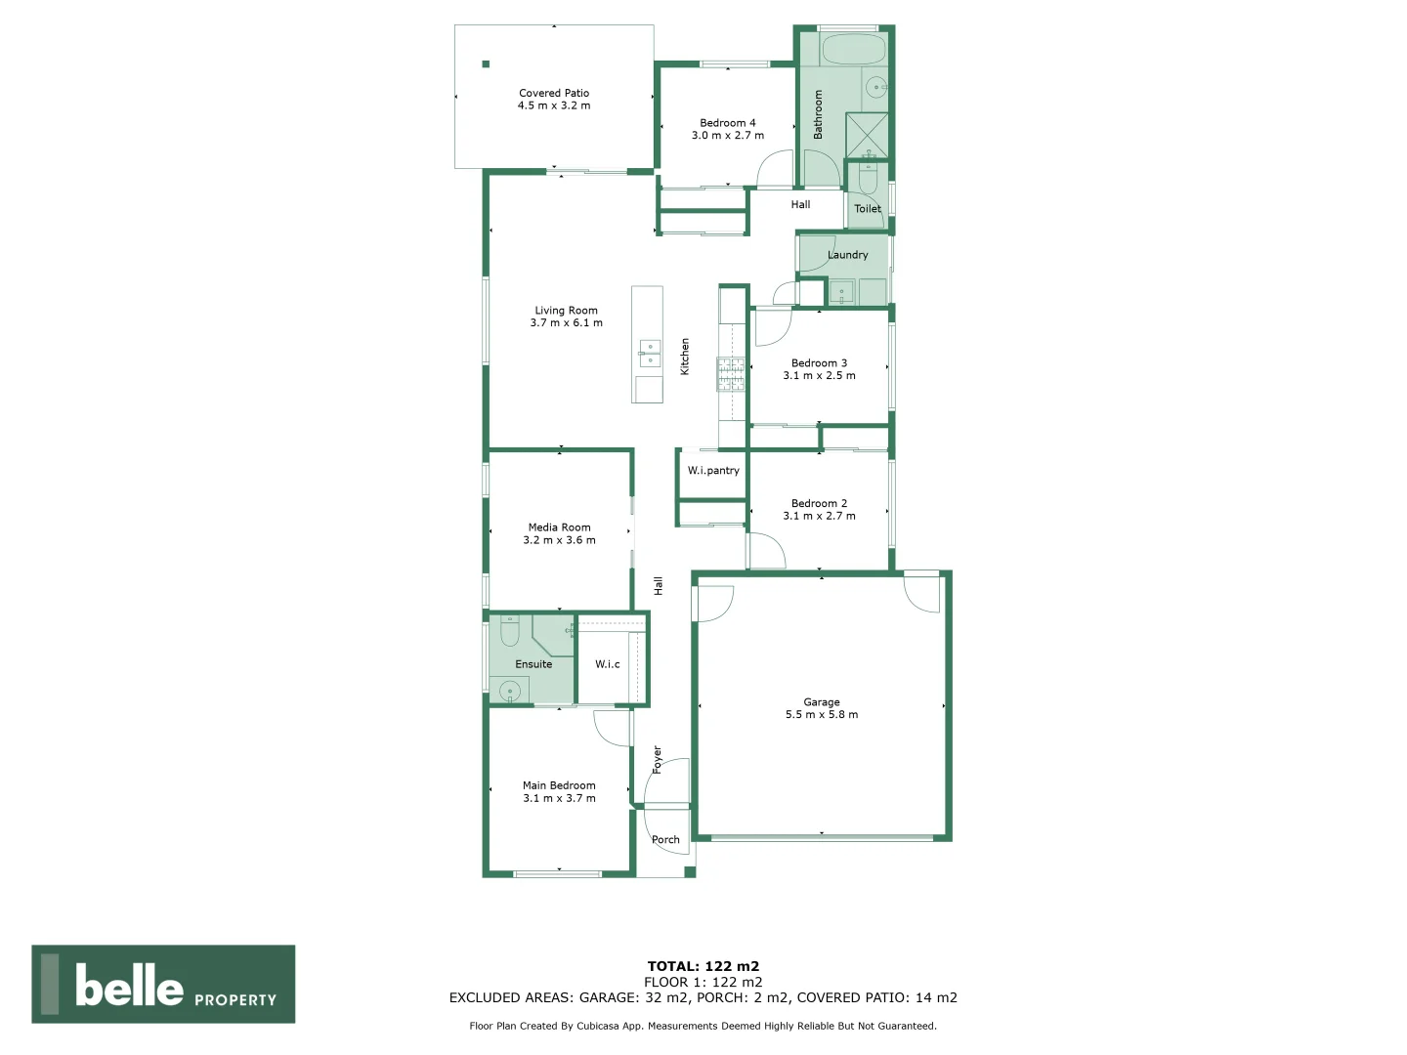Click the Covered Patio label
(x=554, y=94)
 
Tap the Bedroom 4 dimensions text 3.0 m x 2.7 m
(x=728, y=136)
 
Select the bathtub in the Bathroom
(x=853, y=50)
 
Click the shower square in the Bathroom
(x=867, y=135)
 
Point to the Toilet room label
(x=868, y=209)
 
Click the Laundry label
(x=847, y=255)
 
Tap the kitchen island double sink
(x=650, y=354)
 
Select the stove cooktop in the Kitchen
(x=731, y=374)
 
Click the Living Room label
(x=566, y=311)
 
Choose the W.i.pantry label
(x=713, y=471)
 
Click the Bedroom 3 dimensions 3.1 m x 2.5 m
(x=819, y=376)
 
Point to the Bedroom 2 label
(x=819, y=504)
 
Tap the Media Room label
(x=559, y=527)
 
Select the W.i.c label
(x=608, y=664)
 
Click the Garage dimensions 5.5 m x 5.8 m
(x=822, y=715)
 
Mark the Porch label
(x=665, y=840)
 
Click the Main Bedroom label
(x=559, y=785)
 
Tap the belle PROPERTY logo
(x=163, y=985)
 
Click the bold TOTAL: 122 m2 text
(x=703, y=966)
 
